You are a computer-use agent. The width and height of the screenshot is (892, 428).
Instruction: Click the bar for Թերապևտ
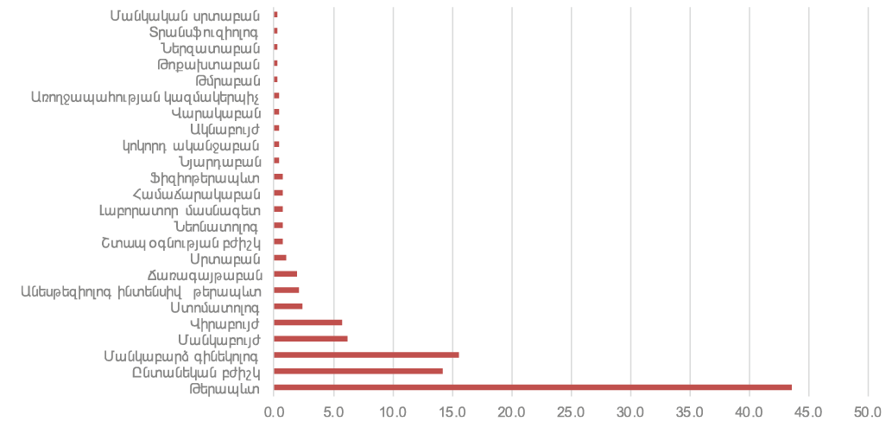[533, 387]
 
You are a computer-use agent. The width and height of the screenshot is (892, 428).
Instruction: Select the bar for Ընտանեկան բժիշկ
[357, 372]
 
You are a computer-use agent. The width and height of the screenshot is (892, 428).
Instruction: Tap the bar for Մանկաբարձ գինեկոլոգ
[366, 355]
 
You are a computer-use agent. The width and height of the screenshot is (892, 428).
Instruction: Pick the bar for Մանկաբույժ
[311, 339]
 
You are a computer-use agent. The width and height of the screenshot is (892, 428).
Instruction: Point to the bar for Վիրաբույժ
[307, 323]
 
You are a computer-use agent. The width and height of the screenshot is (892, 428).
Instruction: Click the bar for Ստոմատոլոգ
[288, 307]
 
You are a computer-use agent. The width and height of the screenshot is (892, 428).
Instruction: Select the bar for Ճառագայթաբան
[285, 274]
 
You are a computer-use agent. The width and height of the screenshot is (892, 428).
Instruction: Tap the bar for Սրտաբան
[280, 258]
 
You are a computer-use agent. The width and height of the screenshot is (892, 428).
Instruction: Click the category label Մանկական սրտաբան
[186, 14]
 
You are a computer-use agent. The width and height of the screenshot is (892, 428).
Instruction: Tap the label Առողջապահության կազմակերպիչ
[147, 96]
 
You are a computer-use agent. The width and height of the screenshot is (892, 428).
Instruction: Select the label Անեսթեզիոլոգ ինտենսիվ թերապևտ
[141, 291]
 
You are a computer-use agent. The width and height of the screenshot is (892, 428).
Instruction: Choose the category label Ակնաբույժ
[218, 129]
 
